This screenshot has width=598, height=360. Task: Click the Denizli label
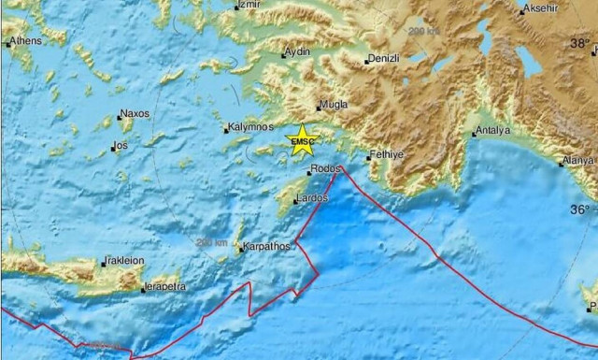point(384,58)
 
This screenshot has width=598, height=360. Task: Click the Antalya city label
point(492,130)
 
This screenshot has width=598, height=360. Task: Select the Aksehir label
point(541,9)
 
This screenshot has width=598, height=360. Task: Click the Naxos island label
point(134,114)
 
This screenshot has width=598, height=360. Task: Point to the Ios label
point(120,145)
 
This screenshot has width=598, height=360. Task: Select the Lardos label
point(310,198)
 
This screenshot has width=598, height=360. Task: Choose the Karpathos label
point(266,247)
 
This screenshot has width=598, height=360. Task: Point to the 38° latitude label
point(581,43)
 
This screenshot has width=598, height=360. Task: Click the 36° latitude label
point(581,208)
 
